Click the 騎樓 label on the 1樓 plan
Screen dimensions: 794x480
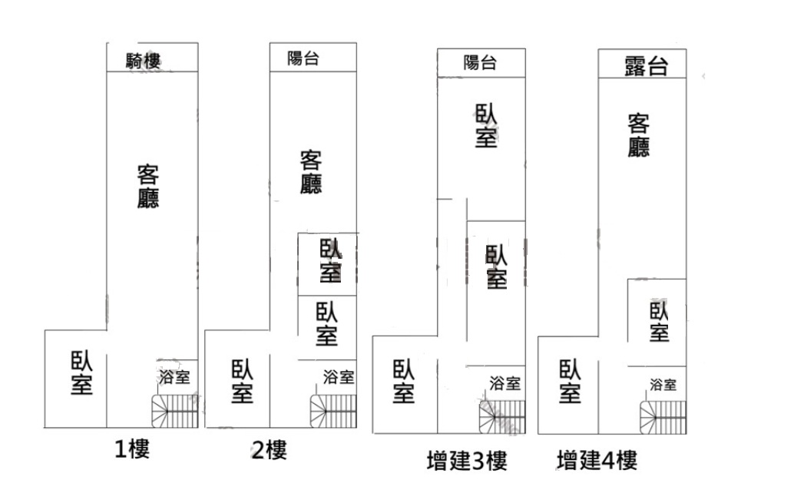tap(144, 61)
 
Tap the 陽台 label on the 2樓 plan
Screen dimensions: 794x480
tap(303, 58)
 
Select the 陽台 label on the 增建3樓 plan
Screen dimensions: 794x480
tap(479, 63)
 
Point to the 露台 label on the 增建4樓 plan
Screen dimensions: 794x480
tap(646, 66)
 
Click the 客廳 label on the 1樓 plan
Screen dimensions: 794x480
tap(148, 186)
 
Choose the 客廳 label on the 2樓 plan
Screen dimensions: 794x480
tap(311, 171)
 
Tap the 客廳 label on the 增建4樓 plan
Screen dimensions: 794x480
tap(639, 135)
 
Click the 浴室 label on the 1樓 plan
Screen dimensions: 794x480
tap(174, 377)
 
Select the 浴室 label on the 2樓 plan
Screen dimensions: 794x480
tap(339, 377)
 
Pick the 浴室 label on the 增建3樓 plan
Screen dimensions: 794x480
tap(505, 383)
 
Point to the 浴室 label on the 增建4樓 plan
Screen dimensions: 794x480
tap(663, 385)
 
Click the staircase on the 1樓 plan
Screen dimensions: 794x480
tap(175, 411)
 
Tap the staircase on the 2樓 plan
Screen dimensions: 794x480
tap(333, 411)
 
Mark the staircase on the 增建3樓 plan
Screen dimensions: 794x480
tap(502, 417)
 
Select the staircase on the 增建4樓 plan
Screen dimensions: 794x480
tap(663, 418)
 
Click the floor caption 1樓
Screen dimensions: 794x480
tap(132, 449)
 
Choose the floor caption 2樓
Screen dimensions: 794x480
tap(270, 449)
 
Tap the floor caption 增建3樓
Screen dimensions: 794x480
tap(466, 460)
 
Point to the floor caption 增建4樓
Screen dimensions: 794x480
tap(597, 460)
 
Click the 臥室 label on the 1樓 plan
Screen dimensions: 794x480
tap(81, 372)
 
